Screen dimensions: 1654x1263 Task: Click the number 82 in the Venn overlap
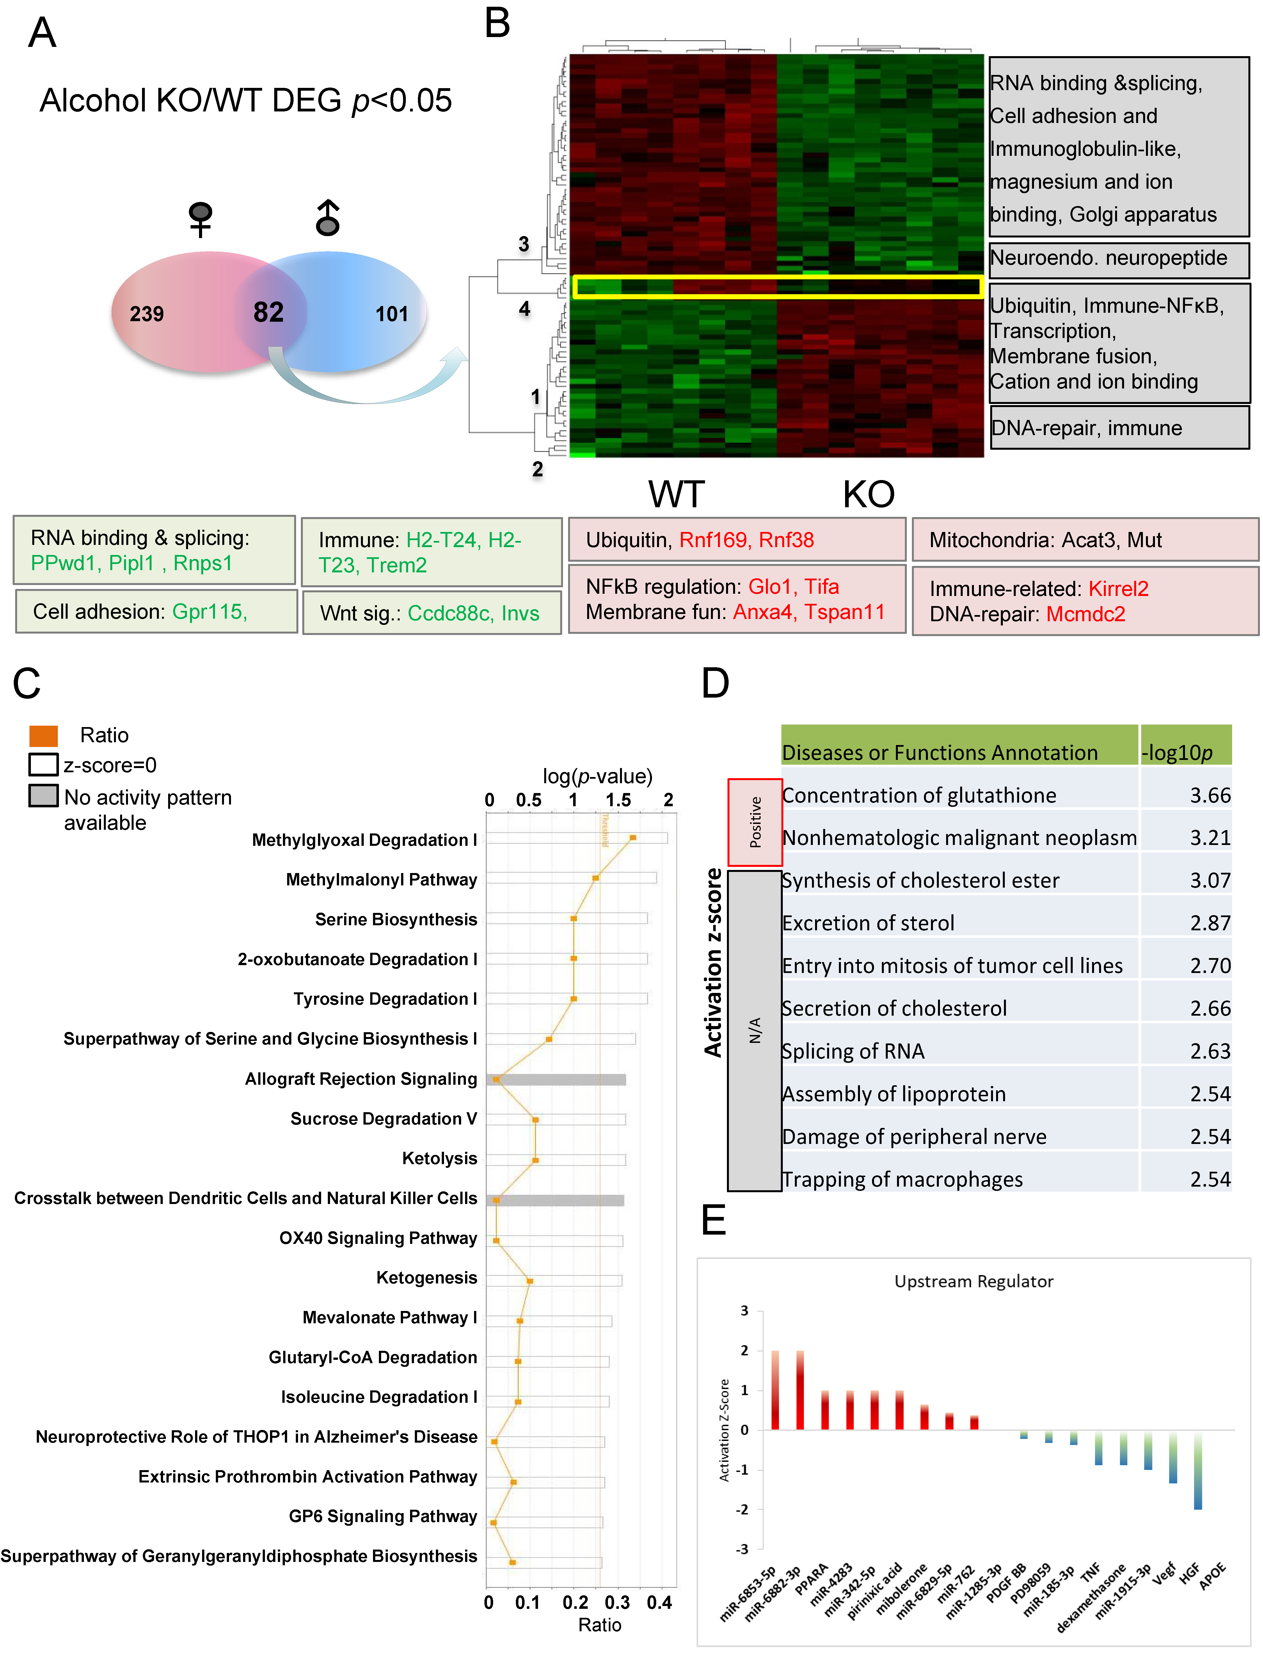[268, 312]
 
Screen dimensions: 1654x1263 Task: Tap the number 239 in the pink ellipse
[147, 314]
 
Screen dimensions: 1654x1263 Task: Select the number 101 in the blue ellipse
[392, 314]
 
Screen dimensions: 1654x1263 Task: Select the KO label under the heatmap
[868, 495]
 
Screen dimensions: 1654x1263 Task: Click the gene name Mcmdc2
[1086, 614]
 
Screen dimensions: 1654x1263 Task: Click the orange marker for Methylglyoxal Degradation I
[633, 837]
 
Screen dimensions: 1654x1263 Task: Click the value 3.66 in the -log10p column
[1210, 796]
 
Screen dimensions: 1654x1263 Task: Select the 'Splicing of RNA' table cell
[853, 1051]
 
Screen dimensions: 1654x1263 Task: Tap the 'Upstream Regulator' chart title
[974, 1281]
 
